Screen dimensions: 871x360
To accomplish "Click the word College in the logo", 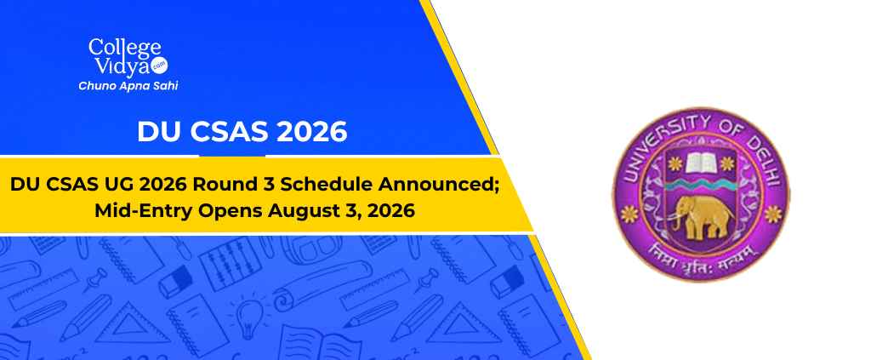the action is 124,49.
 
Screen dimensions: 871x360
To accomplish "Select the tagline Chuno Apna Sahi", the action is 128,86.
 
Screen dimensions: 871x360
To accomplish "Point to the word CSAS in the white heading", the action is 230,132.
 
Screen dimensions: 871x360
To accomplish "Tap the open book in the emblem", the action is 701,162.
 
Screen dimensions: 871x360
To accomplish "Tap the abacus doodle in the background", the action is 224,262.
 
